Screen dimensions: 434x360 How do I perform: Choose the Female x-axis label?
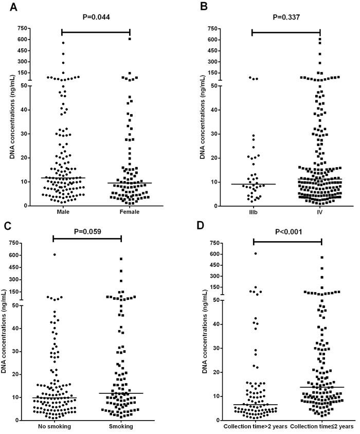(130, 211)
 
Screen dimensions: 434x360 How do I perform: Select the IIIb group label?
(252, 211)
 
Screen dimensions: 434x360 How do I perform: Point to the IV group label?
(320, 211)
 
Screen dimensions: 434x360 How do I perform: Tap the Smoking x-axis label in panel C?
(121, 427)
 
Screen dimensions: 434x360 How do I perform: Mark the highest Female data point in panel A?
(130, 39)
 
